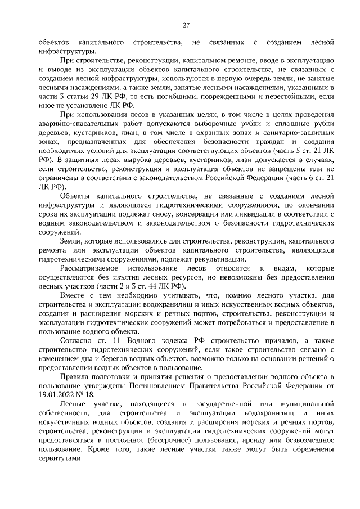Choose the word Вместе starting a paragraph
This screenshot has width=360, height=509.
73,295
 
